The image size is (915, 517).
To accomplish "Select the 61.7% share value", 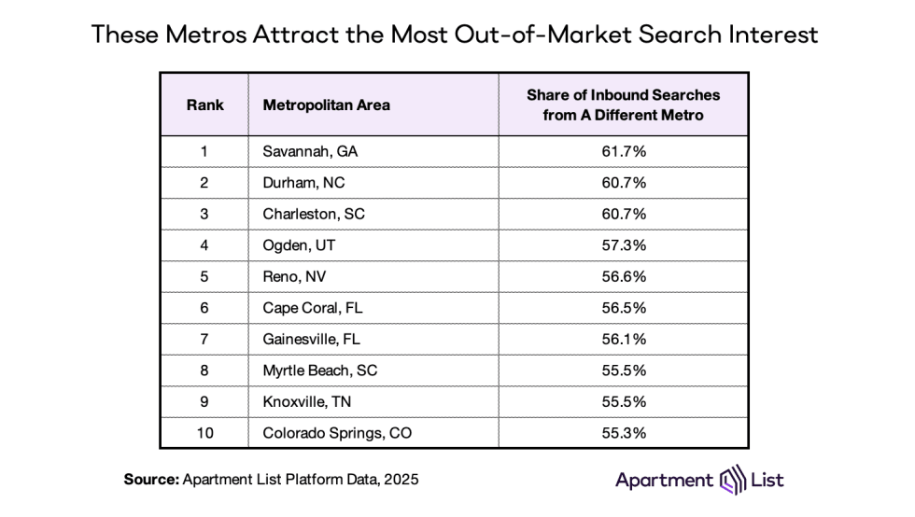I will point(623,151).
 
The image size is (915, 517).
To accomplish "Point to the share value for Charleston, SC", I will point(623,214).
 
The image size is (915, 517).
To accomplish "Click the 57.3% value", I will point(623,245).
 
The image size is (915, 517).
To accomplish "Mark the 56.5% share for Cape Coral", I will point(623,308).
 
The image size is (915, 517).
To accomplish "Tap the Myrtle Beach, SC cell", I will point(319,370).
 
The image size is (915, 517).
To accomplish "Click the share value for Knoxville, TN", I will point(623,401).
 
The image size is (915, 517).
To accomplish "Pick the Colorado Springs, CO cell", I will point(336,433).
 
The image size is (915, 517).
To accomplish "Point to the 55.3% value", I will point(623,433).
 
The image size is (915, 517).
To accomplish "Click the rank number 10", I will point(204,433).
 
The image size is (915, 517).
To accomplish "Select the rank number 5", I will point(204,276).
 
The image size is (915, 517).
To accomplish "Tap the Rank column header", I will point(204,105).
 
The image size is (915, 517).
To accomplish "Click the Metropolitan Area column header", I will point(326,105).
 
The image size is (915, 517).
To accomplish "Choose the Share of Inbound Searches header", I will point(623,105).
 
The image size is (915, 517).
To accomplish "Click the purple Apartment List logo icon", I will point(731,481).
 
